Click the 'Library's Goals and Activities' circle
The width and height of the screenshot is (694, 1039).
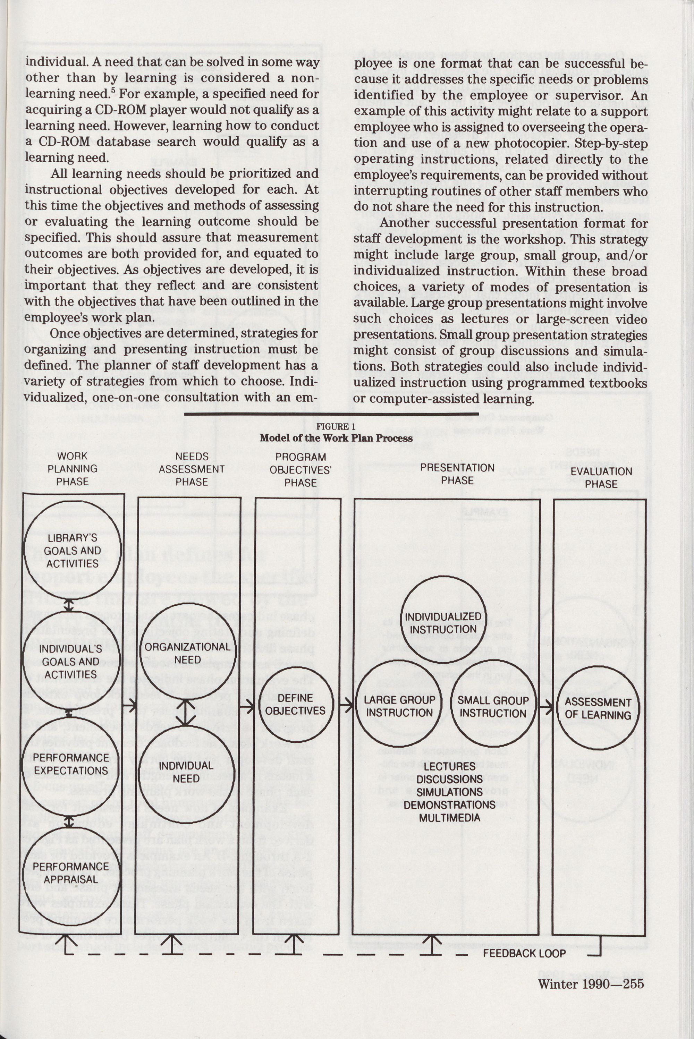(x=73, y=551)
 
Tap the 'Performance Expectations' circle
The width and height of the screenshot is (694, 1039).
(x=71, y=764)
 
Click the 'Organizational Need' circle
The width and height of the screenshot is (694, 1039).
(x=188, y=653)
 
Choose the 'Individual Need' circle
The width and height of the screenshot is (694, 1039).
(x=186, y=772)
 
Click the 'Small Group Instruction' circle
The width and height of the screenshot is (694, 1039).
(x=493, y=707)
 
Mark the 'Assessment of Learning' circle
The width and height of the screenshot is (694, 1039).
(x=598, y=708)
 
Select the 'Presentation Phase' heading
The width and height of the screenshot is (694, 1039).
(x=457, y=474)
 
